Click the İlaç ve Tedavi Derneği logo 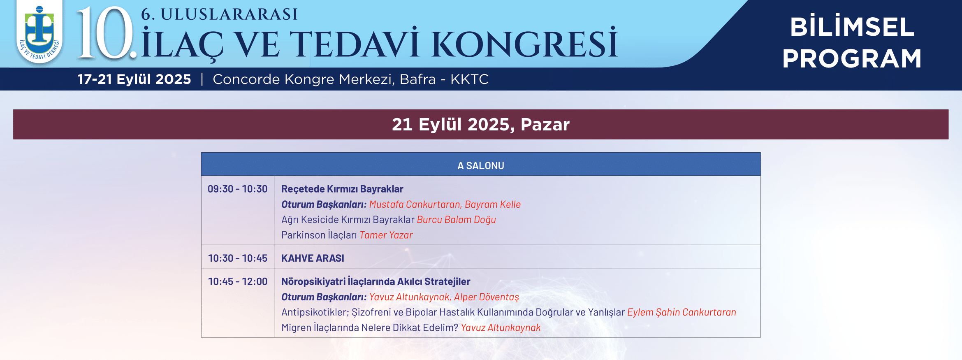pyautogui.click(x=39, y=33)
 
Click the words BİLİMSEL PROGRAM pyautogui.click(x=852, y=42)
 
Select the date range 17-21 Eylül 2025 pyautogui.click(x=134, y=79)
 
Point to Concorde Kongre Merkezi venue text pyautogui.click(x=350, y=79)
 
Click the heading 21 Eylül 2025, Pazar pyautogui.click(x=481, y=124)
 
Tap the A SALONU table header pyautogui.click(x=481, y=165)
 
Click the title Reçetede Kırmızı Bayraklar pyautogui.click(x=342, y=189)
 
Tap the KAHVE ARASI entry pyautogui.click(x=313, y=258)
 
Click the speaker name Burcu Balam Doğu pyautogui.click(x=457, y=220)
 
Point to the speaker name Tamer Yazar pyautogui.click(x=386, y=235)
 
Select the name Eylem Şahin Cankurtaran pyautogui.click(x=682, y=312)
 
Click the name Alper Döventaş pyautogui.click(x=487, y=297)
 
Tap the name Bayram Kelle pyautogui.click(x=493, y=204)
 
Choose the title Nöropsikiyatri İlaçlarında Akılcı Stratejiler pyautogui.click(x=376, y=281)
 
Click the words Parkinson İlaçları pyautogui.click(x=319, y=235)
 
